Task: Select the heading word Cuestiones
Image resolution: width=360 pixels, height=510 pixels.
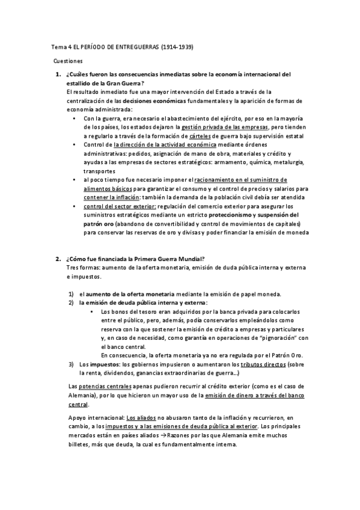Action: [68, 61]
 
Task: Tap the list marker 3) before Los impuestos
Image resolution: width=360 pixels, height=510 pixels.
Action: [71, 364]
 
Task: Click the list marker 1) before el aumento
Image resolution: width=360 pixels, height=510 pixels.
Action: [71, 293]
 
